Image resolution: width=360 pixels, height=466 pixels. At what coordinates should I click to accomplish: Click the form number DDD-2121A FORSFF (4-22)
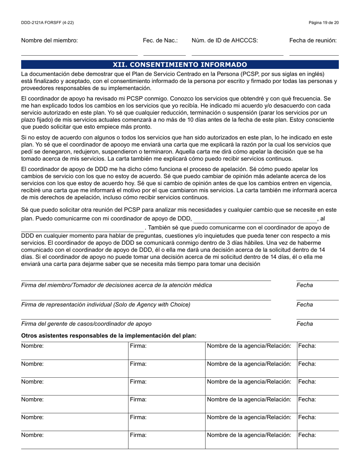pyautogui.click(x=47, y=23)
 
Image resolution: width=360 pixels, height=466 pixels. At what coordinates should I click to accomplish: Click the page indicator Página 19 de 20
pyautogui.click(x=324, y=23)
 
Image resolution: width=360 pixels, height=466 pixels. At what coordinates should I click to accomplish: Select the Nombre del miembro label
pyautogui.click(x=49, y=41)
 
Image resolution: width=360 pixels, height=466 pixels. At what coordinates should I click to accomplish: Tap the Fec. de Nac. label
pyautogui.click(x=160, y=41)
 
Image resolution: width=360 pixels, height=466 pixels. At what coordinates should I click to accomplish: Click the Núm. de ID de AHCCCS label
pyautogui.click(x=225, y=41)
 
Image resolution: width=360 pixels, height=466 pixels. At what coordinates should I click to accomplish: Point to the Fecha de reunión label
pyautogui.click(x=313, y=41)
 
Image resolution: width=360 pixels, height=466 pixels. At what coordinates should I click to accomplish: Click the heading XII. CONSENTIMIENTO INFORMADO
pyautogui.click(x=180, y=64)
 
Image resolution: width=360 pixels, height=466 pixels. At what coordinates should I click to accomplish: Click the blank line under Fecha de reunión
pyautogui.click(x=314, y=55)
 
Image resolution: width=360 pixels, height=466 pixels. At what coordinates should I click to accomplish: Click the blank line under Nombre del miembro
pyautogui.click(x=79, y=55)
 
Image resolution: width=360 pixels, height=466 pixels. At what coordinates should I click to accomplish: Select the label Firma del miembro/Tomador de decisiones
pyautogui.click(x=117, y=285)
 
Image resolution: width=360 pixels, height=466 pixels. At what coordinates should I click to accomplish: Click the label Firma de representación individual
pyautogui.click(x=106, y=305)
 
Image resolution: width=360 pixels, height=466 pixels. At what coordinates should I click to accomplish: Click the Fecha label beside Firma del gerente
pyautogui.click(x=305, y=324)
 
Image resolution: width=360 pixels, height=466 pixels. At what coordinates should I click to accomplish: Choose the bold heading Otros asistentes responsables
pyautogui.click(x=109, y=336)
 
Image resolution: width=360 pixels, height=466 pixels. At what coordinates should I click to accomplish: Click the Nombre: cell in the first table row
pyautogui.click(x=74, y=350)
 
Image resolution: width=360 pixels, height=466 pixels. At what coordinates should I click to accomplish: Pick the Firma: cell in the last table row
pyautogui.click(x=167, y=440)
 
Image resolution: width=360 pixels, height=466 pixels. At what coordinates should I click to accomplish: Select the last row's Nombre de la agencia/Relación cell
pyautogui.click(x=251, y=440)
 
